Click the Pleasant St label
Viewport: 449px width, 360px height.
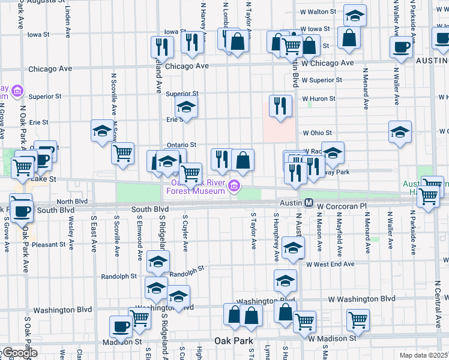tap(49, 245)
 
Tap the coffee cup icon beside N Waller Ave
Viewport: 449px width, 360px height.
tap(401, 47)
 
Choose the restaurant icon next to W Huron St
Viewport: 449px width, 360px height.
tap(280, 106)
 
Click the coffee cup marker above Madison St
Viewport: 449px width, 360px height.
tap(121, 327)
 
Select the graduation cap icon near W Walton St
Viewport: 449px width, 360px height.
tap(355, 16)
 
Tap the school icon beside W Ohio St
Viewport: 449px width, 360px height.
tap(400, 132)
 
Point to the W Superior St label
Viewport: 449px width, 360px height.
tap(322, 80)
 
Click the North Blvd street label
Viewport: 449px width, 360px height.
tap(72, 202)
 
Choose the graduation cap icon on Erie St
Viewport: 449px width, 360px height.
tap(186, 109)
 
